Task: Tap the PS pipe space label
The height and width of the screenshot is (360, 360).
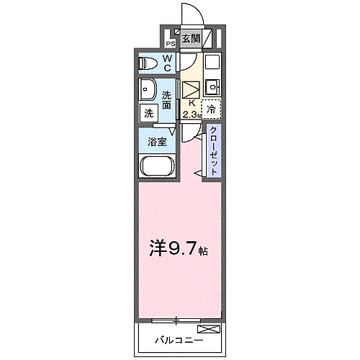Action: [x=171, y=42]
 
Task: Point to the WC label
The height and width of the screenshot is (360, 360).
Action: [x=166, y=63]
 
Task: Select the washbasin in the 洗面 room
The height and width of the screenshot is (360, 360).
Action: [x=149, y=91]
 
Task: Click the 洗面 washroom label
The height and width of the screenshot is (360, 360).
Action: [x=167, y=100]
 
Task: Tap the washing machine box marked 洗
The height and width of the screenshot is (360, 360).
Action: [x=148, y=113]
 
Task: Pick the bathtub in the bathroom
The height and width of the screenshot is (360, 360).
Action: [x=157, y=167]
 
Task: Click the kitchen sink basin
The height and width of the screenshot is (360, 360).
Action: [x=212, y=89]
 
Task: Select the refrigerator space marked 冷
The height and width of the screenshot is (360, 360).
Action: [x=211, y=109]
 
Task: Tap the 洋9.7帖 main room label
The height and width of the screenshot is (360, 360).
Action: [x=179, y=249]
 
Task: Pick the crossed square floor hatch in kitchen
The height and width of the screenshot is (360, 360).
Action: [x=191, y=90]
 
